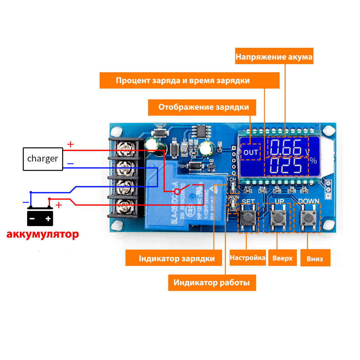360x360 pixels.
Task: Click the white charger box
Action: (x=43, y=159)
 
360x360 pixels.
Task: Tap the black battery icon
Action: (x=40, y=217)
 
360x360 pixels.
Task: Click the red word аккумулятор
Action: (x=43, y=234)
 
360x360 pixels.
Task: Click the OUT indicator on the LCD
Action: (x=251, y=152)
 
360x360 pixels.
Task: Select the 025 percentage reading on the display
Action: (x=286, y=166)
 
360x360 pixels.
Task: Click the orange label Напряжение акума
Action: (x=274, y=56)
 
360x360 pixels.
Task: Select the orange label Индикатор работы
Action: (x=212, y=282)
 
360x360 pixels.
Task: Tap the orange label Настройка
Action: (x=247, y=258)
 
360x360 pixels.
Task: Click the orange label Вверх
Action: (x=282, y=258)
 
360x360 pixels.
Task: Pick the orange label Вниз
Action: (x=315, y=258)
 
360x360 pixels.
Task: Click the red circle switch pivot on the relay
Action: (x=177, y=192)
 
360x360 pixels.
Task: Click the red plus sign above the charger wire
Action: (x=70, y=144)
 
